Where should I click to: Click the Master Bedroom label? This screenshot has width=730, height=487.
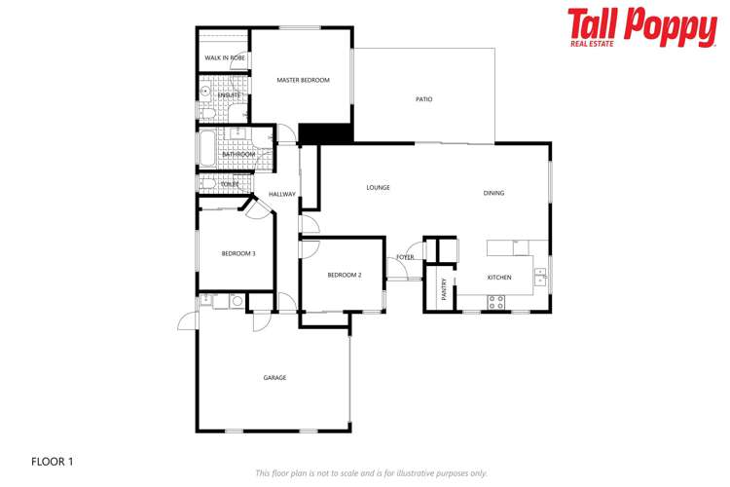303,80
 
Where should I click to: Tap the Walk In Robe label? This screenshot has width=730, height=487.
224,58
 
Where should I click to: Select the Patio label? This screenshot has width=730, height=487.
423,99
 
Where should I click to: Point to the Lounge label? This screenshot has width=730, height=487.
378,187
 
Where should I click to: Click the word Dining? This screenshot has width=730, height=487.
493,193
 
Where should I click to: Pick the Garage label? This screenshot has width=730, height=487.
274,377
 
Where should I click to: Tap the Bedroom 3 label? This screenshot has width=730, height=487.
238,254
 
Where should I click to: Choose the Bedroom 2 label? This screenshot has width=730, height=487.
345,275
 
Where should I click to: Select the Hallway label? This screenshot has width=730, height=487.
282,194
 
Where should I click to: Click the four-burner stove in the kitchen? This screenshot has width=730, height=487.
497,303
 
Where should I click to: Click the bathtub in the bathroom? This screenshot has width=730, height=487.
206,148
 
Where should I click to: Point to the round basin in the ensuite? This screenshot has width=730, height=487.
205,94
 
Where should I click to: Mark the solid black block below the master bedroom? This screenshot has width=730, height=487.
324,134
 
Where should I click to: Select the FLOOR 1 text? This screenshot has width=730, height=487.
52,461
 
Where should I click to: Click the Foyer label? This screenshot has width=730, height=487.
405,257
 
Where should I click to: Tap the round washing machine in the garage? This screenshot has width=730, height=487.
236,302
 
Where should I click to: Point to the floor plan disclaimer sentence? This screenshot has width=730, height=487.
371,473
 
